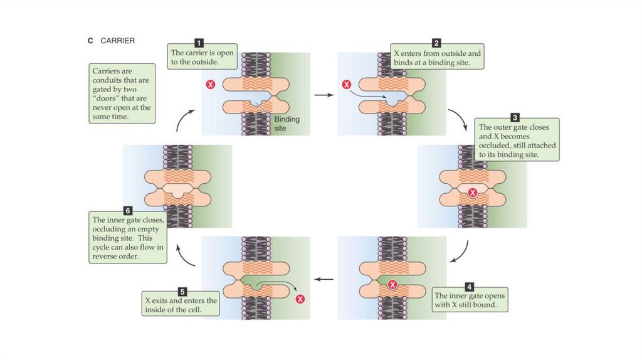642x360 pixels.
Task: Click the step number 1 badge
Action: (x=199, y=43)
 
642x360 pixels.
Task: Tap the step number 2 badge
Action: (x=436, y=43)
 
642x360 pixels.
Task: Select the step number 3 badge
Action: (x=515, y=117)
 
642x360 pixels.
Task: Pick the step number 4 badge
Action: (x=470, y=285)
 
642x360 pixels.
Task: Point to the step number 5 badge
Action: (x=182, y=291)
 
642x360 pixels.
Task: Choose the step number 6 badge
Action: (x=128, y=209)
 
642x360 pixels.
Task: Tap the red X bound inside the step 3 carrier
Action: (x=473, y=193)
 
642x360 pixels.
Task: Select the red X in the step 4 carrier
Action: (x=392, y=285)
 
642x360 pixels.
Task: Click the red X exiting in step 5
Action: (x=300, y=299)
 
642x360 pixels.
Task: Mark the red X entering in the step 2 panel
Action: (x=346, y=84)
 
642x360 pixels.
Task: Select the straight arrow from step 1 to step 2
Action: (x=323, y=95)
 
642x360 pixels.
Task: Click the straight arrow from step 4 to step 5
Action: (x=323, y=279)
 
